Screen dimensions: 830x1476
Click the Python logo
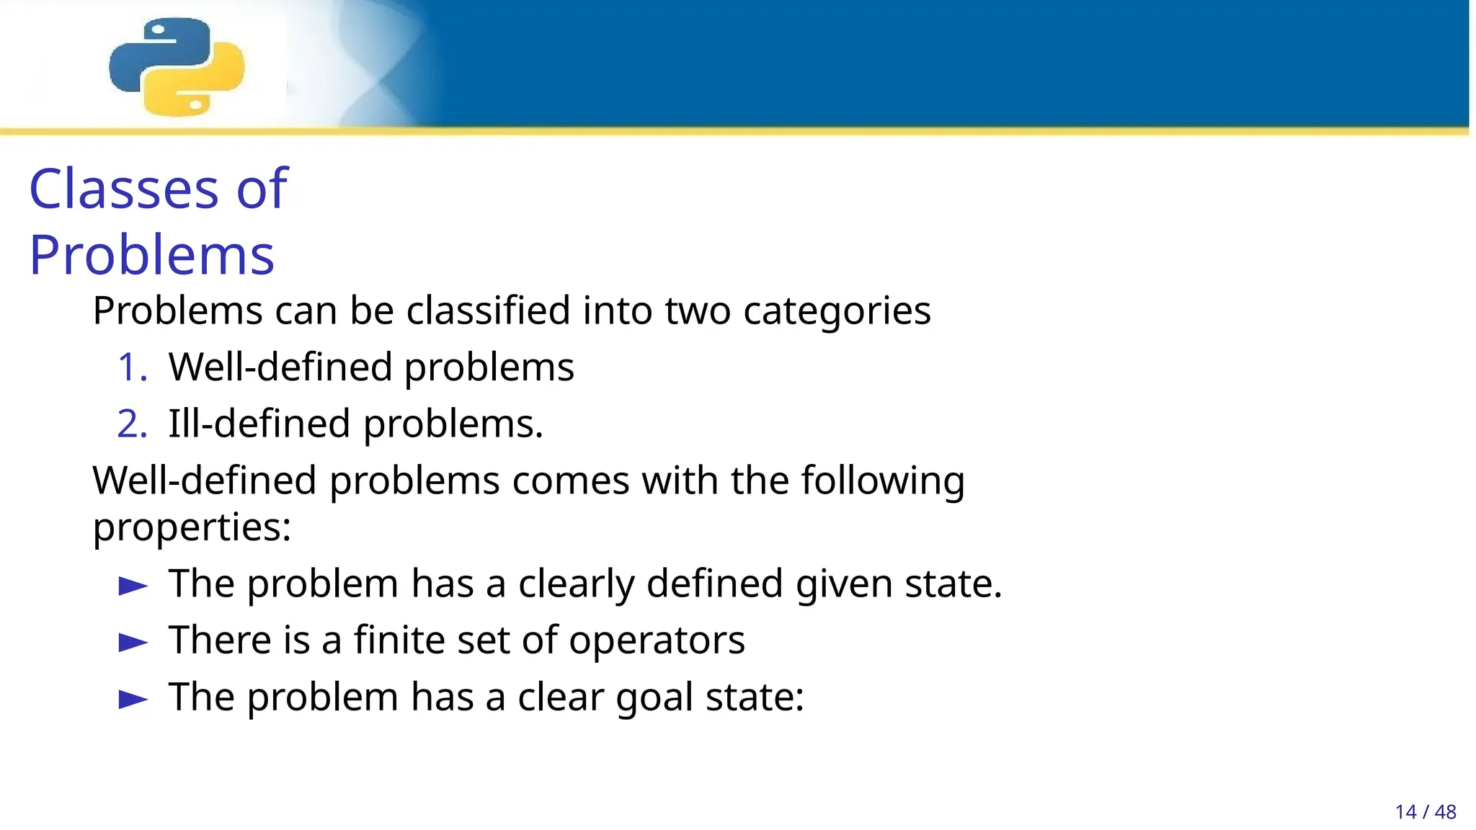(177, 66)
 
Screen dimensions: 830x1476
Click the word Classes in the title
(123, 189)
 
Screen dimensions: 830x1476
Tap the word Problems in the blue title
(151, 255)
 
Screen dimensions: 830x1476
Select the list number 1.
(131, 367)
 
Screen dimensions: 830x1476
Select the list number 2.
(131, 424)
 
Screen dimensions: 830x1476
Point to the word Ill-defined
(259, 424)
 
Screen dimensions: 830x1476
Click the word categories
(836, 311)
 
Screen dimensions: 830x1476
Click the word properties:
(192, 527)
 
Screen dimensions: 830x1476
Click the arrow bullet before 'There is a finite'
(133, 641)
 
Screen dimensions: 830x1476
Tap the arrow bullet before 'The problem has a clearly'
(133, 585)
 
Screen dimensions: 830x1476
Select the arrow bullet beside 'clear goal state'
(133, 698)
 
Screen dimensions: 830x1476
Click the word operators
(657, 641)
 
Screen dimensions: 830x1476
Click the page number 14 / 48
(1425, 812)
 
